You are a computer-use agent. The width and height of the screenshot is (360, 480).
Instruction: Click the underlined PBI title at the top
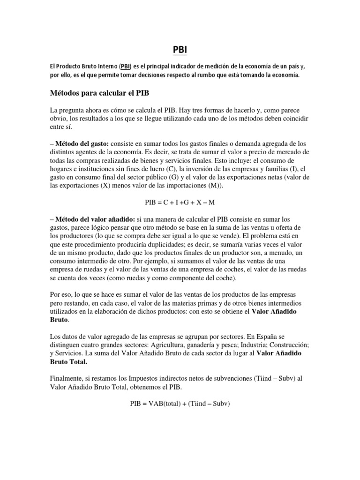click(x=180, y=49)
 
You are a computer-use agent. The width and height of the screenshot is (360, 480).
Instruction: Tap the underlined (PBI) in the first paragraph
click(x=125, y=67)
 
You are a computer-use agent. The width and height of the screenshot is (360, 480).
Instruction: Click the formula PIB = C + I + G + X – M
click(x=180, y=202)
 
